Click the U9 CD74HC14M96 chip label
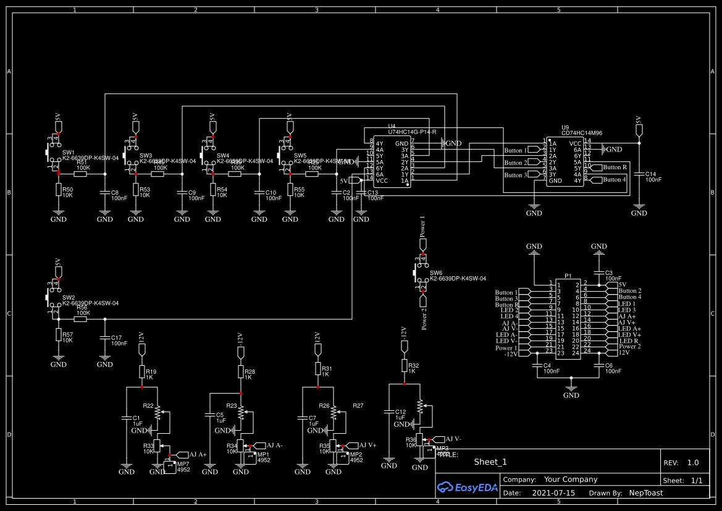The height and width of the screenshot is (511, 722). pos(581,132)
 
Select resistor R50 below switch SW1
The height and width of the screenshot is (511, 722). pos(59,190)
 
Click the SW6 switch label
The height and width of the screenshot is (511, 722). pos(436,272)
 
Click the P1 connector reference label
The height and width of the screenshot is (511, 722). pos(568,276)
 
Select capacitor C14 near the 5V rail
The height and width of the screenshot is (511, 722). pos(639,176)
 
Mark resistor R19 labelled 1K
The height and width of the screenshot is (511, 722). pos(141,372)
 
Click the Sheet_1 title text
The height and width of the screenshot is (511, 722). pos(490,462)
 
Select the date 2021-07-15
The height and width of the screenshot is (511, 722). pos(548,493)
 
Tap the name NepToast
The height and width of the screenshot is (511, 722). pos(646,493)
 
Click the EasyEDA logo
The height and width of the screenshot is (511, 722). pos(467,487)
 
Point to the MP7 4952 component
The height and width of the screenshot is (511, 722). pos(171,467)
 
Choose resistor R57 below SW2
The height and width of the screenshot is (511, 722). pos(59,334)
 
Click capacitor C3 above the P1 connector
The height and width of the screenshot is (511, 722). pos(598,272)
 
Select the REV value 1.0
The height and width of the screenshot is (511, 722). pos(693,462)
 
